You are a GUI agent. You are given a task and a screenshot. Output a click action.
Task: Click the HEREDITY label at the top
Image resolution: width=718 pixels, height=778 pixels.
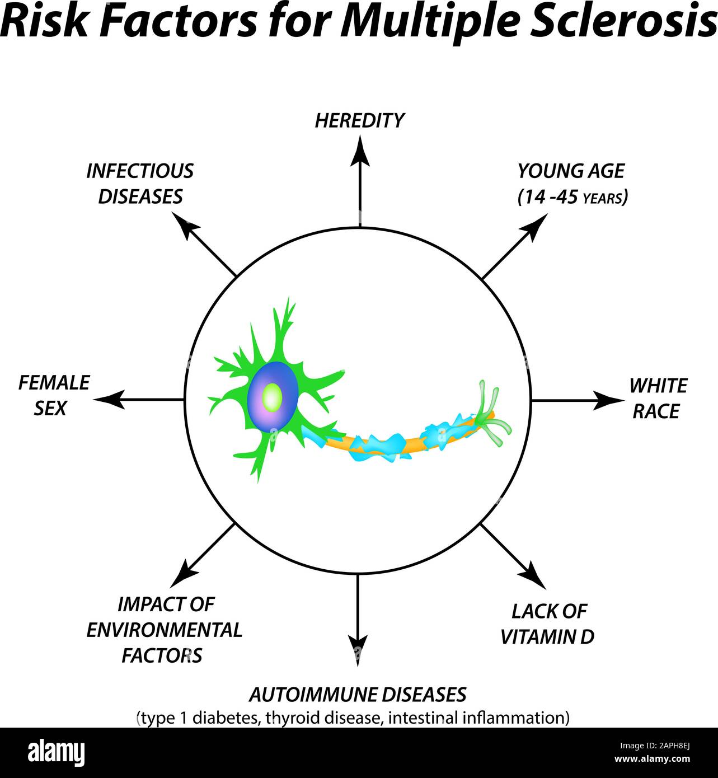coord(359,120)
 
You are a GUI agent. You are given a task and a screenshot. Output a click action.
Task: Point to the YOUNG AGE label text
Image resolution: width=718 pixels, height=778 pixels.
coord(570,171)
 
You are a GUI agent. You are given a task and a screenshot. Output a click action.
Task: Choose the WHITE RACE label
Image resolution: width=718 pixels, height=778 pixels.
coord(658,399)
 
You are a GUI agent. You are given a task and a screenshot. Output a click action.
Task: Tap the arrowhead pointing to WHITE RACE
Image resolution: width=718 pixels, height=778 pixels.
coord(611,400)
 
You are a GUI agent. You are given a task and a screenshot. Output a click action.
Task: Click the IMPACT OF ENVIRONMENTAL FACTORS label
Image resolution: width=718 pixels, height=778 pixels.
coord(164,630)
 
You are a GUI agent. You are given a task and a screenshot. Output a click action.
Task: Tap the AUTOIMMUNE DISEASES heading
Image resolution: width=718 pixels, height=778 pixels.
coord(358,695)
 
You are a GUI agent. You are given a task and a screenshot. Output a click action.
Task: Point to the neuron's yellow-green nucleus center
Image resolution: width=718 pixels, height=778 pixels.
coord(272,397)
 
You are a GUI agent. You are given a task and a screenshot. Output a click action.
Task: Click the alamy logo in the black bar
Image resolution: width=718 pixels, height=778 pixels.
coord(57,753)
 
